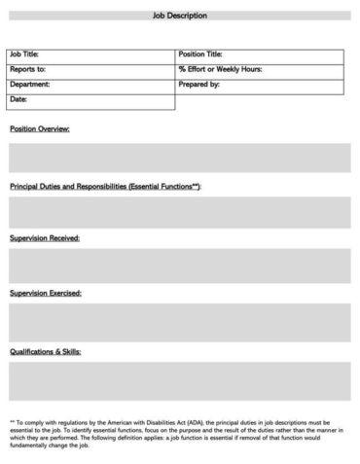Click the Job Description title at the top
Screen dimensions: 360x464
click(x=180, y=17)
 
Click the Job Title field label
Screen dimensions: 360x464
click(x=24, y=54)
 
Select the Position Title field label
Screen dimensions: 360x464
click(x=200, y=54)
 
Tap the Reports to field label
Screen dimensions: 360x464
click(x=27, y=69)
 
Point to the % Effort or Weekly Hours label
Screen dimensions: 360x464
click(x=220, y=69)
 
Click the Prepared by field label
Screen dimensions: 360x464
click(x=198, y=85)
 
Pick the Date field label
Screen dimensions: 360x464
click(x=18, y=99)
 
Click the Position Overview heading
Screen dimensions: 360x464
click(x=39, y=129)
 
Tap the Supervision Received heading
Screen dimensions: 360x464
click(x=45, y=238)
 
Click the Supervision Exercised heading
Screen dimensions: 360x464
click(x=45, y=293)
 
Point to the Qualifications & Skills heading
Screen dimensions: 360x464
click(x=45, y=350)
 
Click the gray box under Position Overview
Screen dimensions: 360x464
click(x=180, y=158)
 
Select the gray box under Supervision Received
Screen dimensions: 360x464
click(x=180, y=266)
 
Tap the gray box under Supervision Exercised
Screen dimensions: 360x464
click(x=180, y=322)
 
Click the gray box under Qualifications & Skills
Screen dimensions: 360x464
click(x=180, y=381)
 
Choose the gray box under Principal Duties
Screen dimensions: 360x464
click(x=180, y=212)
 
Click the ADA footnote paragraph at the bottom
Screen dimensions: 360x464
click(x=180, y=433)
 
